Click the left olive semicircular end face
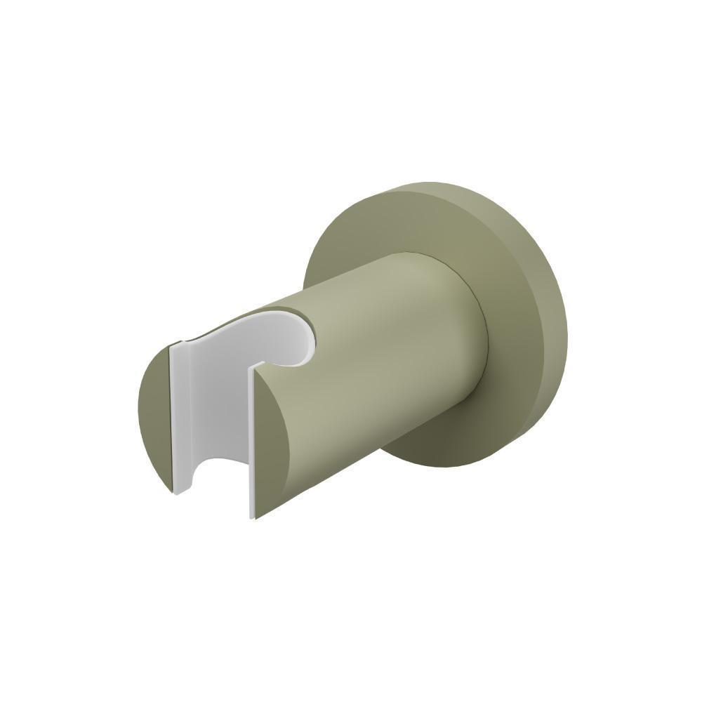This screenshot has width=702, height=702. (x=154, y=414)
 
